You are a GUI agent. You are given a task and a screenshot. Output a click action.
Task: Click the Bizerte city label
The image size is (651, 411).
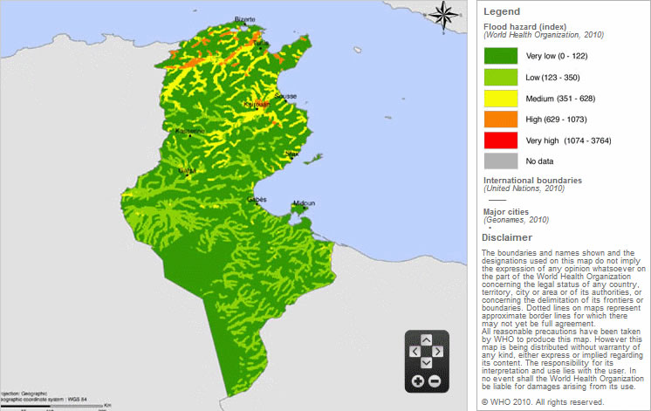click(x=245, y=19)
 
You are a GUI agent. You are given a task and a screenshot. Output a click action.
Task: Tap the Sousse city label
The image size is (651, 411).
click(x=285, y=95)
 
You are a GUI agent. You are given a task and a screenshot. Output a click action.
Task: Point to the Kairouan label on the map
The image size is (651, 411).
click(x=256, y=102)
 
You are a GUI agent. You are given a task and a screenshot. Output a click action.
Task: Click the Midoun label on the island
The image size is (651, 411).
click(x=303, y=202)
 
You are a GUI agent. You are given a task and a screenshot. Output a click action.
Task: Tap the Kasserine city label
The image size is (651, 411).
click(x=189, y=132)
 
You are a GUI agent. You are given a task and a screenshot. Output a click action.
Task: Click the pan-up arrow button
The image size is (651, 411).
click(x=426, y=339)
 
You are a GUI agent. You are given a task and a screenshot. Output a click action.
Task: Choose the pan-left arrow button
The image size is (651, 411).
click(x=414, y=351)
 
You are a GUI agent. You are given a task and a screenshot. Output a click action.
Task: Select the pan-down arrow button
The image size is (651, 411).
click(x=426, y=363)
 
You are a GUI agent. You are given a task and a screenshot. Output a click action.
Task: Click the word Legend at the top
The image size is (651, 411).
click(x=502, y=11)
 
